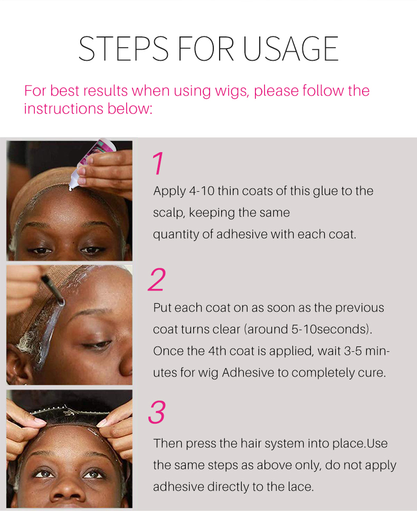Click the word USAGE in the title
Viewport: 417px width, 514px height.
(x=290, y=49)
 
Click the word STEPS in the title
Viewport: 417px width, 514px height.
(x=123, y=49)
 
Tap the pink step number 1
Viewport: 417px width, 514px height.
(x=158, y=163)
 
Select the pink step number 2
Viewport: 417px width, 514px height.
(x=157, y=279)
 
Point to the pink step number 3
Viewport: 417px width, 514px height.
(x=157, y=412)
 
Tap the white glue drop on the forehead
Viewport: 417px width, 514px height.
(x=70, y=188)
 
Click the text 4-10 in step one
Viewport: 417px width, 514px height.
(x=202, y=191)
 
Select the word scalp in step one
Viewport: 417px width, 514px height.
(x=169, y=213)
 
